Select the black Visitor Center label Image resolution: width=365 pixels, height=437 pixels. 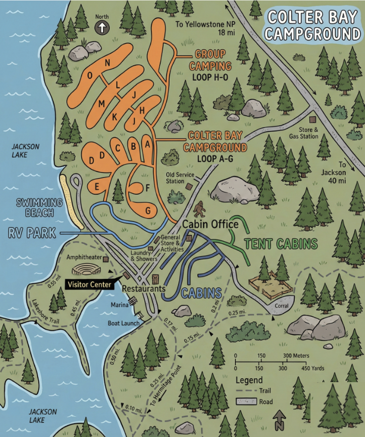click(x=89, y=284)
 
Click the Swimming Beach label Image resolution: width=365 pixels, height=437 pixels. click(x=40, y=207)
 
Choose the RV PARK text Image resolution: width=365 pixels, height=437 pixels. click(x=32, y=233)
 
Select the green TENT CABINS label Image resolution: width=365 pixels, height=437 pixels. click(x=281, y=244)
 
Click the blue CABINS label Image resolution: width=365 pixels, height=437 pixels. click(x=201, y=293)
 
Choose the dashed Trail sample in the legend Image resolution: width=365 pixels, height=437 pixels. click(x=245, y=391)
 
